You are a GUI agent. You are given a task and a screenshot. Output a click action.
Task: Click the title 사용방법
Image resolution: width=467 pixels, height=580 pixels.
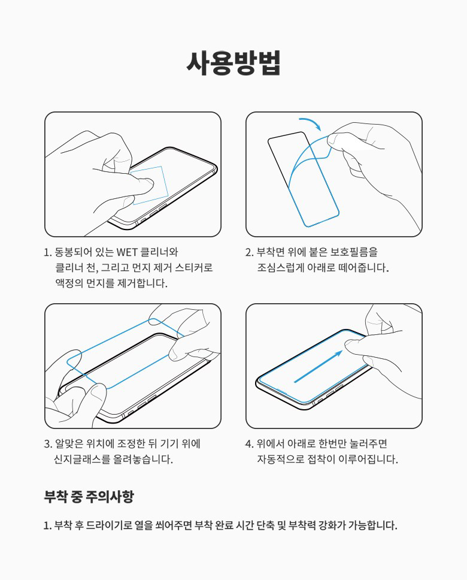click(x=233, y=63)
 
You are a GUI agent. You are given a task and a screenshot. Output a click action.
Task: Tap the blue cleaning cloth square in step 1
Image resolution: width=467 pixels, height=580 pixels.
click(x=150, y=185)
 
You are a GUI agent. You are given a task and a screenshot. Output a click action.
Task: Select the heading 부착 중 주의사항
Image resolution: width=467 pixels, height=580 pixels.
click(x=89, y=496)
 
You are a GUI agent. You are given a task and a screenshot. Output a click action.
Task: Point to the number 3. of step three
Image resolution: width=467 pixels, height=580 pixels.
click(x=48, y=444)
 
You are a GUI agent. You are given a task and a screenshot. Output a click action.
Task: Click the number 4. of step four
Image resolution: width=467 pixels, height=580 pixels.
click(x=249, y=444)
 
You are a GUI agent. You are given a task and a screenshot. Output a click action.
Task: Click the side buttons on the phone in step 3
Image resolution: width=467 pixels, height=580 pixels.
click(x=142, y=404)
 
